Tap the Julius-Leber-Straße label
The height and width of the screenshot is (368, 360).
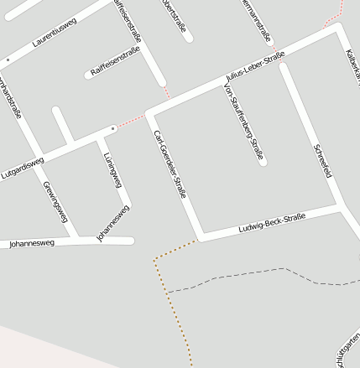[255, 68]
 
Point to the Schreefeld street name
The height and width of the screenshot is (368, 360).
[322, 161]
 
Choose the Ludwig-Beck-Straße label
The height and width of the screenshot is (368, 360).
[271, 223]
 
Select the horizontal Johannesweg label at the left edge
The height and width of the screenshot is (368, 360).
[31, 244]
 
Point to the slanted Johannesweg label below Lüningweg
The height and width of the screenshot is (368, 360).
[113, 224]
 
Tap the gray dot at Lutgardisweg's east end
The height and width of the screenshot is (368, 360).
[113, 129]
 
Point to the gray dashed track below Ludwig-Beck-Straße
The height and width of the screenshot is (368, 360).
[252, 274]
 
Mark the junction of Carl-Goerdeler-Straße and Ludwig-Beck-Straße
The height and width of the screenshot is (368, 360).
[200, 236]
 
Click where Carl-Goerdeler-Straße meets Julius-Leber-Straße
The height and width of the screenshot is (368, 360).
[149, 112]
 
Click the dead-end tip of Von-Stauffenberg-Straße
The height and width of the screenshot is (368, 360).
[263, 161]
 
